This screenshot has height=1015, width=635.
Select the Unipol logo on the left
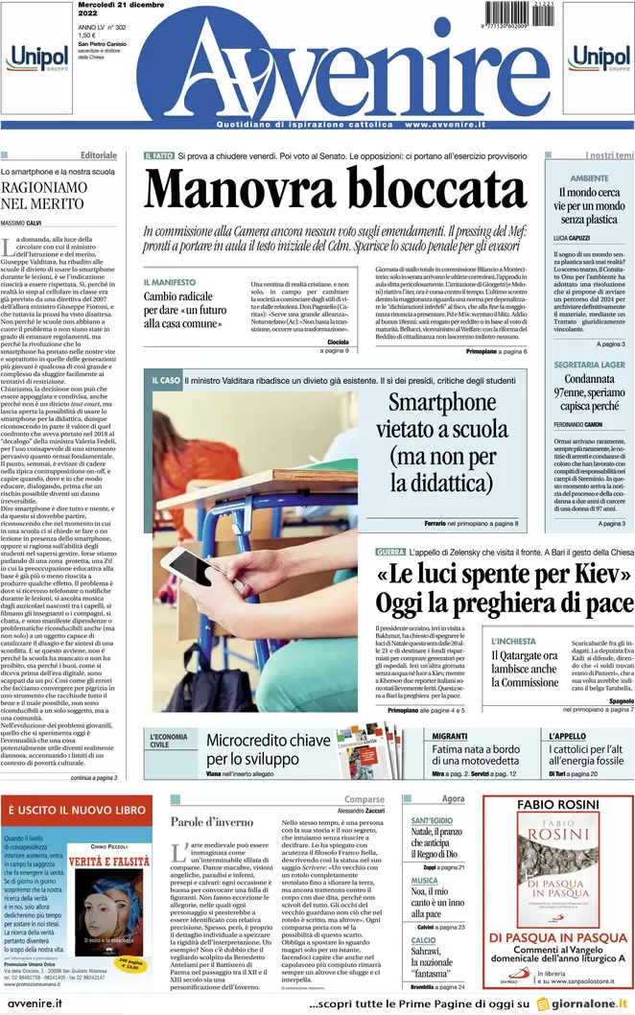[x=36, y=59]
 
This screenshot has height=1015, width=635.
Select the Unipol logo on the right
[x=599, y=59]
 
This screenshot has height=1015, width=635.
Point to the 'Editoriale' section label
[x=99, y=155]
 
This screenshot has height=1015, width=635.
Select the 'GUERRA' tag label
[x=390, y=554]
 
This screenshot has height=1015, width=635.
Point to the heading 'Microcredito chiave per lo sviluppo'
[x=268, y=749]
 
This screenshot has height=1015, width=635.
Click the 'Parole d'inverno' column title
[x=213, y=821]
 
